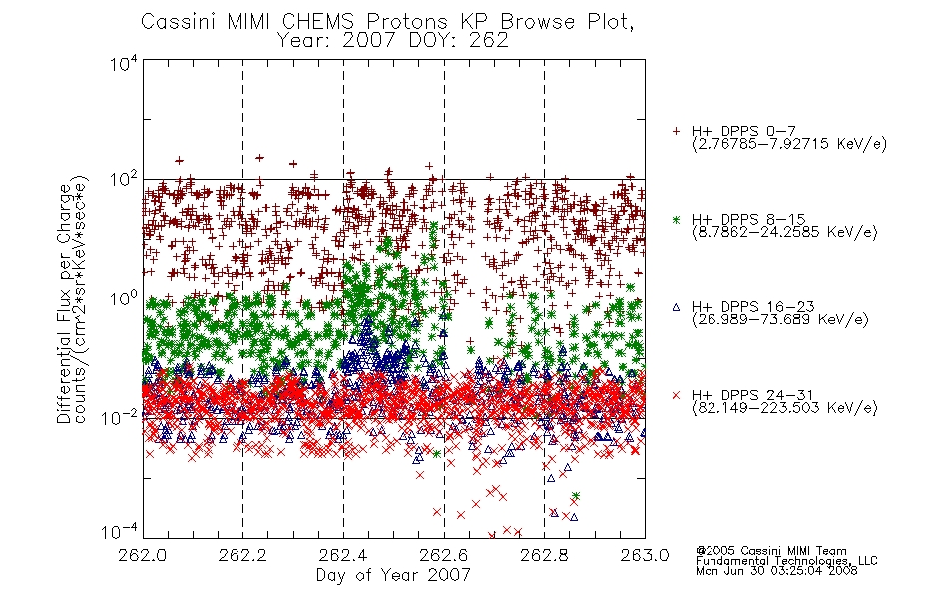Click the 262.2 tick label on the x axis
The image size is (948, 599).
(242, 555)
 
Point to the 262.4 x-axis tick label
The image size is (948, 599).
(343, 555)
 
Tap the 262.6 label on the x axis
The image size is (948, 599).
(444, 555)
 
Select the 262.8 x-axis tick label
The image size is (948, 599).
(544, 555)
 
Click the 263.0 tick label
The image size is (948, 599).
(645, 555)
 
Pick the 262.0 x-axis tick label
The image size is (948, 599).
(142, 555)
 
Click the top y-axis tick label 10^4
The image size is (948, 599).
(124, 63)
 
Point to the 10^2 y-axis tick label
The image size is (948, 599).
(124, 180)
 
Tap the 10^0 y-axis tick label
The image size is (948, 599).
(124, 299)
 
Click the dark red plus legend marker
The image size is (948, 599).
(676, 131)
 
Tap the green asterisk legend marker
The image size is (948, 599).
(676, 219)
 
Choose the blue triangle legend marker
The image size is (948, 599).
(676, 307)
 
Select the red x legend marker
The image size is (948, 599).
(676, 395)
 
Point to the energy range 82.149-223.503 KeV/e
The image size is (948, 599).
(784, 408)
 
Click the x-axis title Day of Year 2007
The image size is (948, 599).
(393, 575)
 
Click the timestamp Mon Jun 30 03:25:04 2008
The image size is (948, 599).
(776, 570)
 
